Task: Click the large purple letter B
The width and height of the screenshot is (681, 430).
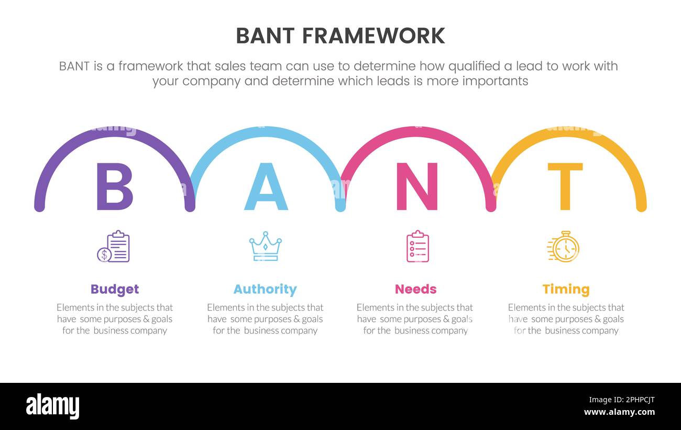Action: (x=115, y=186)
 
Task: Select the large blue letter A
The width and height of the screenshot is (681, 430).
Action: (x=266, y=186)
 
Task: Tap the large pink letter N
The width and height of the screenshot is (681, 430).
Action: (x=417, y=186)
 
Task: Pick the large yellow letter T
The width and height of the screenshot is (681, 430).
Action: (x=565, y=186)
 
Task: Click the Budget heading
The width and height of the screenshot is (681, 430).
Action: (x=115, y=289)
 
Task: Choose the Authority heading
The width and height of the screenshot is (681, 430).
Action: (x=265, y=289)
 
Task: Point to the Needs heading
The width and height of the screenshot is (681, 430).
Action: (x=415, y=289)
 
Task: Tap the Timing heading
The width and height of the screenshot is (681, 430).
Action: (x=566, y=289)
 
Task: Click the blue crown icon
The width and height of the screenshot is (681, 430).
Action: (x=266, y=246)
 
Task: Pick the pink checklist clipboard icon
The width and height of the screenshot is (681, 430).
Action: (x=418, y=246)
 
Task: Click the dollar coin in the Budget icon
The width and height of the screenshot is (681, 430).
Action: (x=104, y=255)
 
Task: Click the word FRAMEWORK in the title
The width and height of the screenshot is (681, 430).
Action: (x=374, y=36)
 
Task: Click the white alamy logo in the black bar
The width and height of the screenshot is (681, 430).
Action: (x=52, y=406)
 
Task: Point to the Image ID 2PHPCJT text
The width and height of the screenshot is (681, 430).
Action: (x=622, y=400)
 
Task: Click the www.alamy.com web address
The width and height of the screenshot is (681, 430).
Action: (x=619, y=412)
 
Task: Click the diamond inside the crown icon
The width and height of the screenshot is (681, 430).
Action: (x=266, y=247)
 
